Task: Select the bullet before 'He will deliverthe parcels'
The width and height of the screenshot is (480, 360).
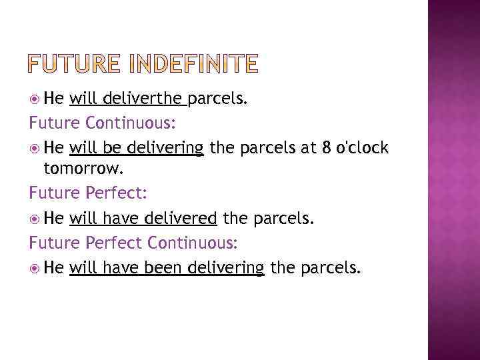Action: [35, 100]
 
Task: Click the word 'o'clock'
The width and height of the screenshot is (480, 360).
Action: [363, 147]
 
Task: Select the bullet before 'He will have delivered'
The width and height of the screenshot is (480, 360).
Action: [35, 218]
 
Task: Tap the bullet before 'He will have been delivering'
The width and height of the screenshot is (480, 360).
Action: [35, 268]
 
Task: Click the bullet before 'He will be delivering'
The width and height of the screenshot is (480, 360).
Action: [35, 148]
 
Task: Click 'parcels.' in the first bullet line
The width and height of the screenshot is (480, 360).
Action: [218, 99]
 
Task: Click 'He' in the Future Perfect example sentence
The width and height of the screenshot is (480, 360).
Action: [55, 217]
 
